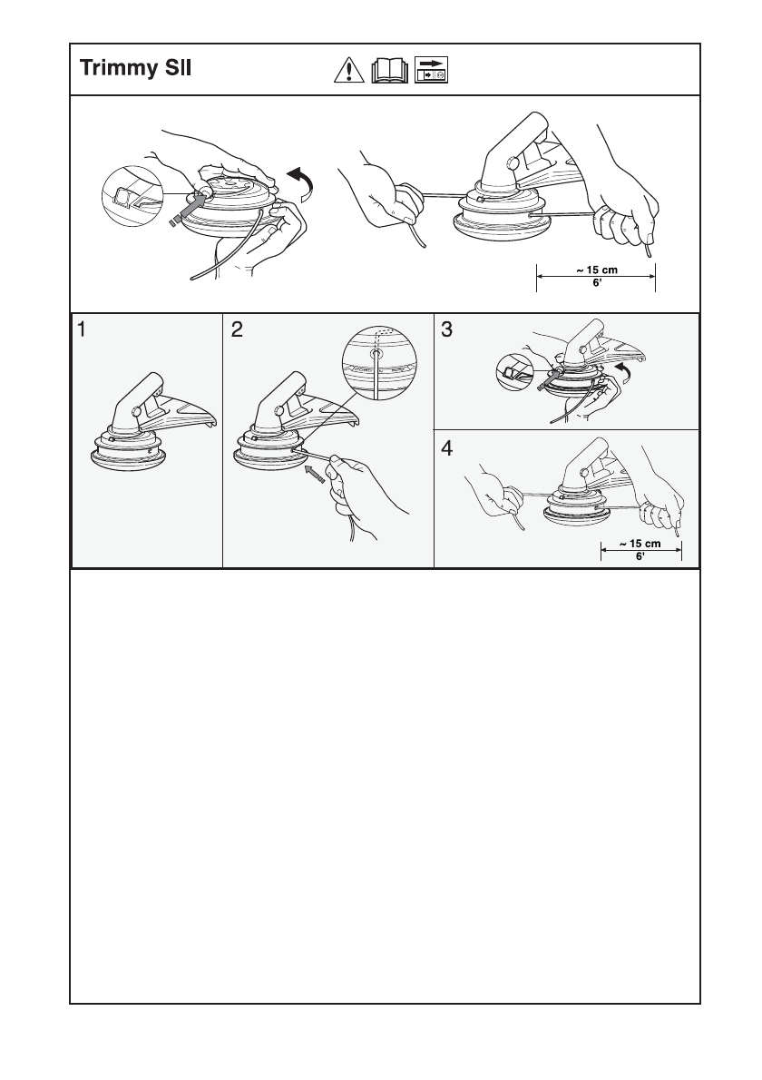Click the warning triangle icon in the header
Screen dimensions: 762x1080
pyautogui.click(x=349, y=70)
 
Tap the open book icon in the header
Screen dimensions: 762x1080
pyautogui.click(x=389, y=70)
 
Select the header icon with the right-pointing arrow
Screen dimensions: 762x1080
pyautogui.click(x=432, y=70)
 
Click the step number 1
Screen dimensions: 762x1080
pyautogui.click(x=82, y=330)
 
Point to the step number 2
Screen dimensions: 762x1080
pyautogui.click(x=237, y=330)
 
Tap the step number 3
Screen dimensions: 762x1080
pyautogui.click(x=446, y=330)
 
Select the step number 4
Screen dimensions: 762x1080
pyautogui.click(x=446, y=448)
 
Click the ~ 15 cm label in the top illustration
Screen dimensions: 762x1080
pyautogui.click(x=596, y=270)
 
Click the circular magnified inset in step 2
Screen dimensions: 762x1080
pyautogui.click(x=379, y=361)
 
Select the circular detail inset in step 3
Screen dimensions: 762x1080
pyautogui.click(x=517, y=371)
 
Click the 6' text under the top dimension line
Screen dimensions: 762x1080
pyautogui.click(x=597, y=283)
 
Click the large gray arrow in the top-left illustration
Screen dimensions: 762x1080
pyautogui.click(x=190, y=207)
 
